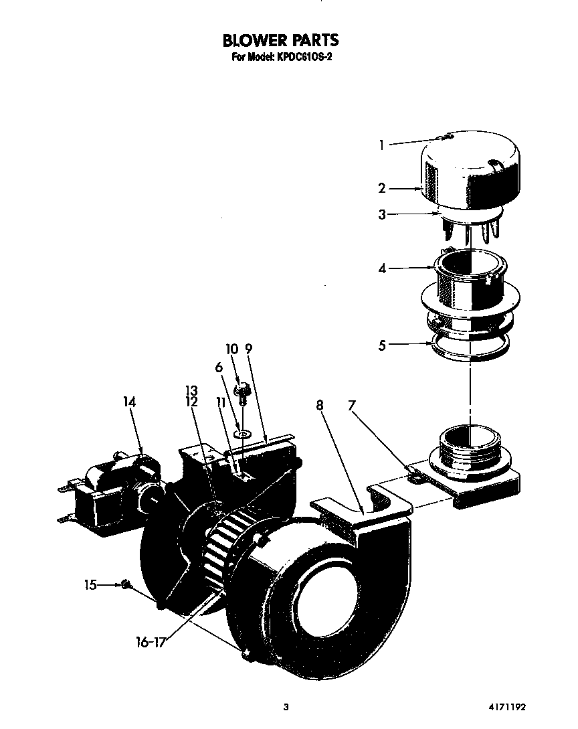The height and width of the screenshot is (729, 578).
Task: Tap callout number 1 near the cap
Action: coord(382,145)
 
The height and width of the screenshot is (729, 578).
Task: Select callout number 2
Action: coord(382,189)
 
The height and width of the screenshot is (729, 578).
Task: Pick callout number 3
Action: coord(382,215)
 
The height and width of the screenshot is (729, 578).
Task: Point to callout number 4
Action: coord(382,269)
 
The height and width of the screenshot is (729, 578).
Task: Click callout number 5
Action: coord(382,345)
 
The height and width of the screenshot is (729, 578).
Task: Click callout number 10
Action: coord(231,349)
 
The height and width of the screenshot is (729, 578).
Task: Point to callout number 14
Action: coord(129,402)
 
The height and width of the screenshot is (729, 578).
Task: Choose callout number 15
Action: coord(90,584)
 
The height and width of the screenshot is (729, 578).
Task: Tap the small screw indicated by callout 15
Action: coord(125,585)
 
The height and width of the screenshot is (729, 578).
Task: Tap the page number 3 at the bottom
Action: coord(286,707)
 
